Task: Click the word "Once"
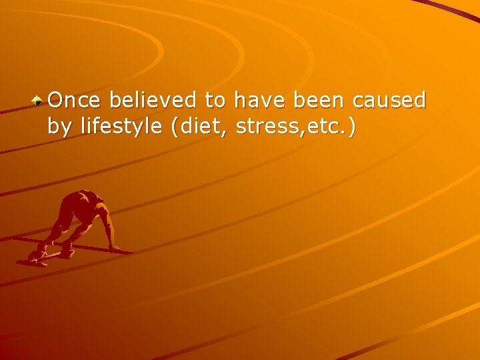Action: (x=75, y=101)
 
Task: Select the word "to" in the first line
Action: (x=215, y=101)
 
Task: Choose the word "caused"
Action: (x=390, y=101)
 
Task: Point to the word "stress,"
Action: (x=268, y=126)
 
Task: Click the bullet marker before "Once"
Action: (x=39, y=101)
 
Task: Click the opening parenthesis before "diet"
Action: (x=175, y=126)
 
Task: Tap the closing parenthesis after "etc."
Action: (x=351, y=126)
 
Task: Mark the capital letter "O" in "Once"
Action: (x=56, y=101)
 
